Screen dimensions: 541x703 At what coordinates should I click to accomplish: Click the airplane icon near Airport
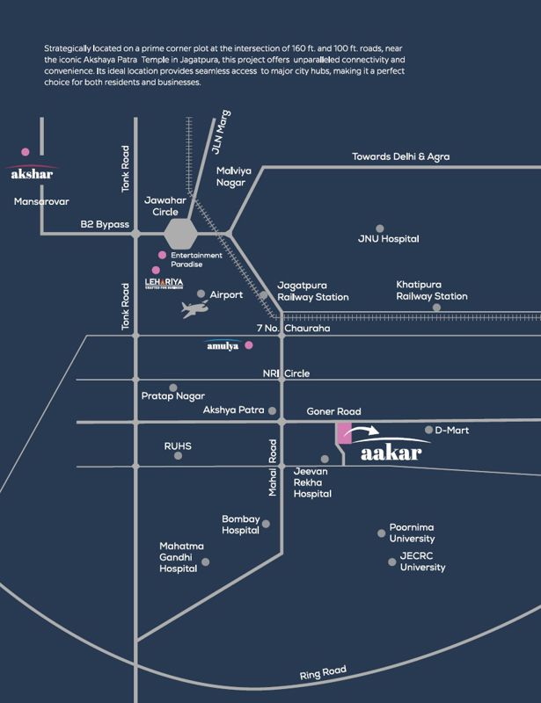195,309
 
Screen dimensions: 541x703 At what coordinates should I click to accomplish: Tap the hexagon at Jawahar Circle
180,234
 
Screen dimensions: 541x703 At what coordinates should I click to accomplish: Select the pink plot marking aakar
344,433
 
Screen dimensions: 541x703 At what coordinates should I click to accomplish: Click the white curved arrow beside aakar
364,431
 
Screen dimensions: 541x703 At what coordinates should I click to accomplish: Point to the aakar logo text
391,453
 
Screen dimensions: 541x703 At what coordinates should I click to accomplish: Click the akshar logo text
32,174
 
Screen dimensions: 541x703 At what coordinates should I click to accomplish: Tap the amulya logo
223,344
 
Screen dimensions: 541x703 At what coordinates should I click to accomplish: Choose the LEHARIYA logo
164,283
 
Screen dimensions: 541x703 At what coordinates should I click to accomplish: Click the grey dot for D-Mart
428,430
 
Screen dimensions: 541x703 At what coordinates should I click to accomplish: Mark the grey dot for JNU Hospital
380,228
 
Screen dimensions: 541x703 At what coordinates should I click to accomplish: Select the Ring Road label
323,672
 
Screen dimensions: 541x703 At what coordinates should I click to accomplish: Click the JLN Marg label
221,132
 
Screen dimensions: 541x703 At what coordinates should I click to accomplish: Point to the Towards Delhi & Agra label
400,156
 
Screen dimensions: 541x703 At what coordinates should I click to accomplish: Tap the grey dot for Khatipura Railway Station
436,308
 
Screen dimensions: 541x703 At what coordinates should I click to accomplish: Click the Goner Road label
333,411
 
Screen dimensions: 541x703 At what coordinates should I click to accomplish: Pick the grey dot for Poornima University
381,533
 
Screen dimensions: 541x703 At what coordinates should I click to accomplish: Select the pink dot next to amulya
249,345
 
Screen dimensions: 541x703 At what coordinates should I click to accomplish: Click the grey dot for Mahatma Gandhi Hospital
205,562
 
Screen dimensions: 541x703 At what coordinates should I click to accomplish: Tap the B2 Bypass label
105,224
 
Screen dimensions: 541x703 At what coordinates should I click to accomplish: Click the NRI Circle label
286,373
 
